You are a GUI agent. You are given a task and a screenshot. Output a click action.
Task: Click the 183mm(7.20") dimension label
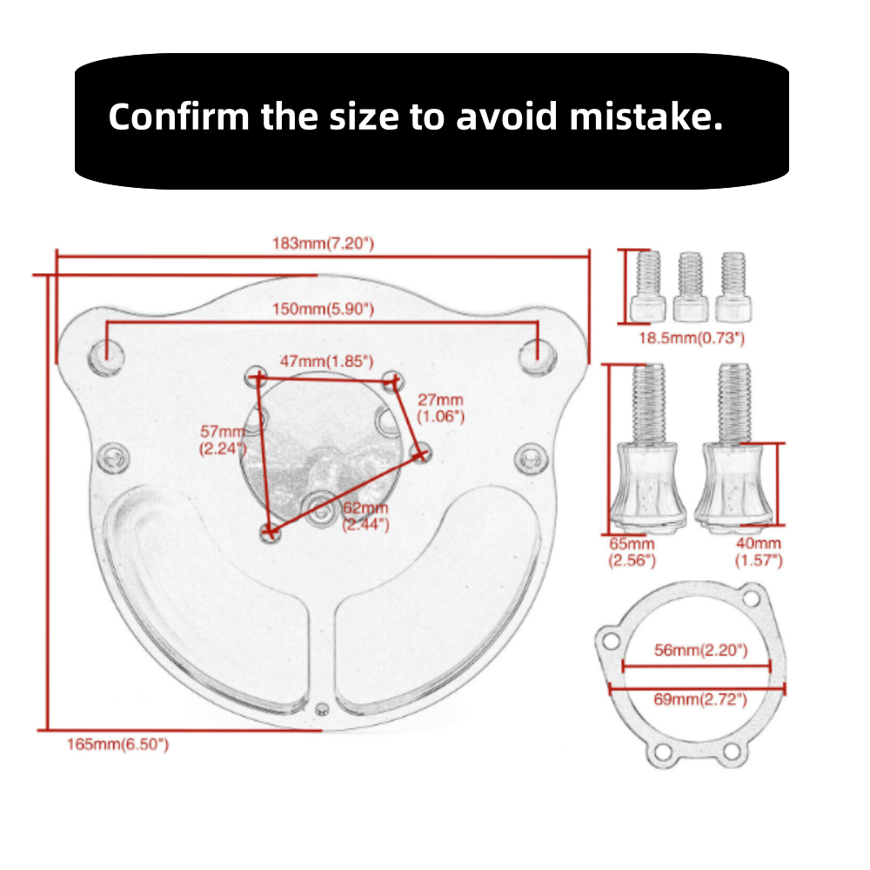click(x=323, y=244)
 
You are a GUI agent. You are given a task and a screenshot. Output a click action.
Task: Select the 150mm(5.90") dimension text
click(x=323, y=309)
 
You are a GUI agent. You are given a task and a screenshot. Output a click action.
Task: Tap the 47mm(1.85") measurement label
click(x=326, y=361)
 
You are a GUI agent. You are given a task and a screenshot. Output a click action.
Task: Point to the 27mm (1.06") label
click(x=440, y=408)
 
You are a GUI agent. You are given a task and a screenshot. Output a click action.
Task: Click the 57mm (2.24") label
click(x=223, y=440)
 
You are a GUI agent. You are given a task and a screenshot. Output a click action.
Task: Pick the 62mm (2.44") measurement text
click(x=365, y=516)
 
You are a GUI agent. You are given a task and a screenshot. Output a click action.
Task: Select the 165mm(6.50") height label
click(x=117, y=744)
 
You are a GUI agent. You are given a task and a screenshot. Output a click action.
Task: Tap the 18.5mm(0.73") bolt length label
click(x=692, y=338)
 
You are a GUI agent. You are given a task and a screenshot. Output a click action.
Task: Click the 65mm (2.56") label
click(x=632, y=552)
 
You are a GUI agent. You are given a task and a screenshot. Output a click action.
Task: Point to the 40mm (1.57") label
click(x=759, y=552)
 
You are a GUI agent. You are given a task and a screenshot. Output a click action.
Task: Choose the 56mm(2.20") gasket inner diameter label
click(x=700, y=650)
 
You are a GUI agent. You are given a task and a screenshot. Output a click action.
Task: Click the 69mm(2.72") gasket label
click(x=700, y=699)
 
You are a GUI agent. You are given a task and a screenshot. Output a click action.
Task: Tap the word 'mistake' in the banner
click(x=646, y=117)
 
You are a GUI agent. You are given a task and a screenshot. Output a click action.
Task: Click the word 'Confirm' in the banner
click(x=178, y=117)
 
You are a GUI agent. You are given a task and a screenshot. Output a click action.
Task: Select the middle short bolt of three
click(x=690, y=287)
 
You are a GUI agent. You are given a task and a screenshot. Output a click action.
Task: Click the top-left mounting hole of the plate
click(x=106, y=356)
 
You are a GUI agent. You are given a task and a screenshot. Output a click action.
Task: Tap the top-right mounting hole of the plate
click(x=537, y=356)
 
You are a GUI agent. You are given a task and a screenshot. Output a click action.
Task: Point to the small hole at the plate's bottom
click(x=322, y=708)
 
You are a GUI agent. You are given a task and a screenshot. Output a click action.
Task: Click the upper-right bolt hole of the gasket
click(x=752, y=599)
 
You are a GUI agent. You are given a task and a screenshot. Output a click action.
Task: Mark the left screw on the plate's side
click(x=113, y=458)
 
